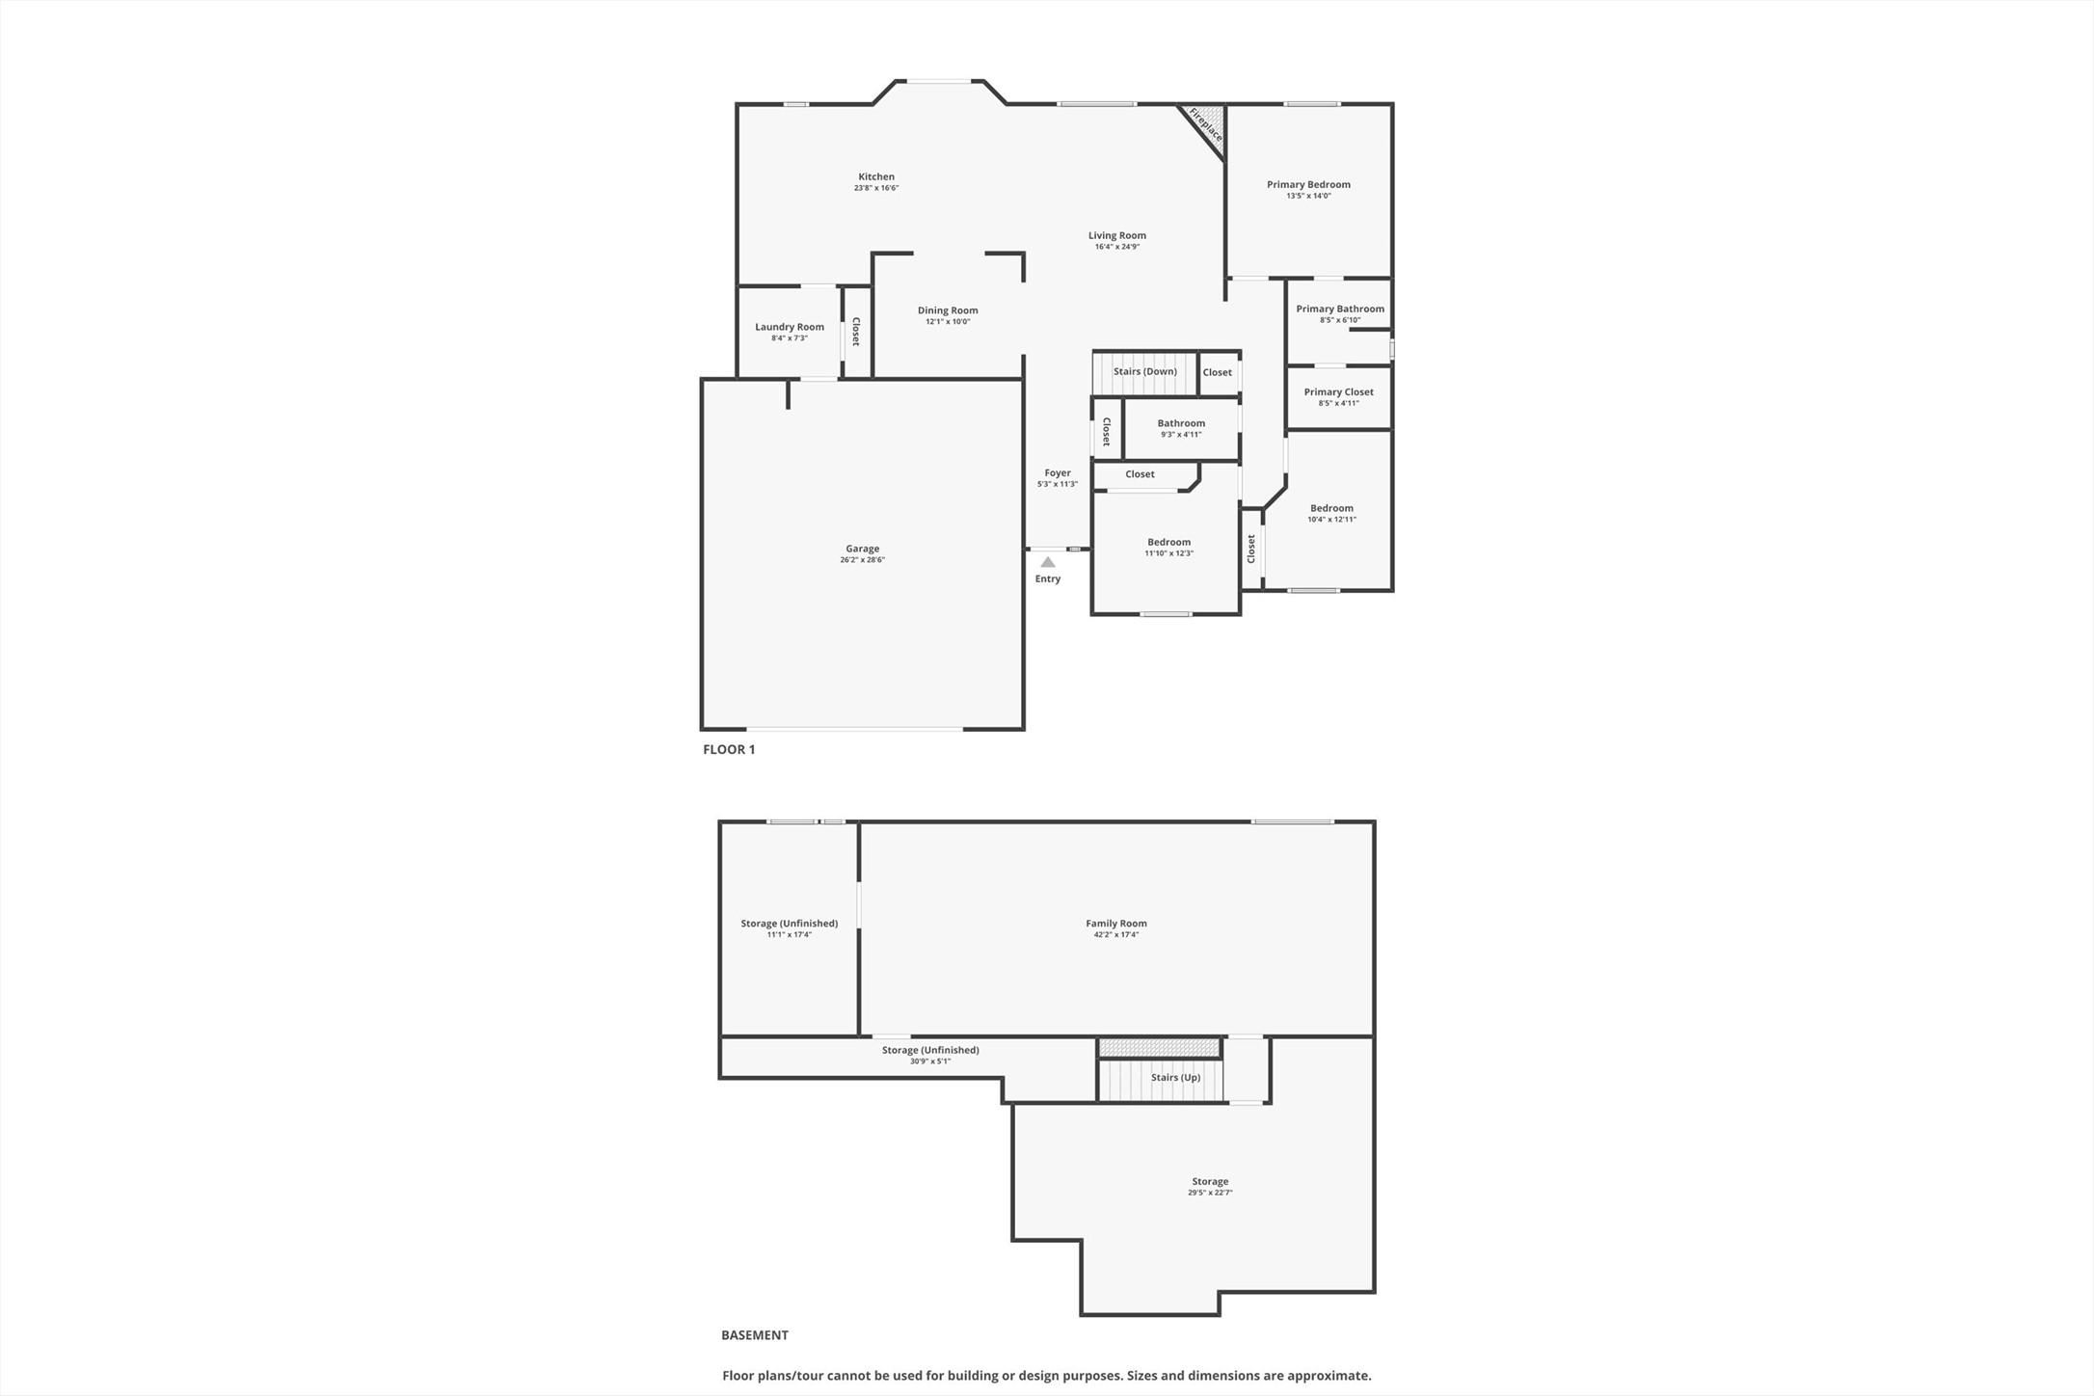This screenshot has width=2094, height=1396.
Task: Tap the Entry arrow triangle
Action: pos(1048,562)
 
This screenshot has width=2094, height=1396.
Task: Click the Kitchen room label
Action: pos(876,176)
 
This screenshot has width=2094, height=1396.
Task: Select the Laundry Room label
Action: pos(790,327)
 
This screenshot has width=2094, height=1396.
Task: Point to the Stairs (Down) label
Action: pos(1144,371)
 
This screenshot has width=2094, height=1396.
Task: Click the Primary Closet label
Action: pos(1338,391)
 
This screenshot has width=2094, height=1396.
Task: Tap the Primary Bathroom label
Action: pos(1340,309)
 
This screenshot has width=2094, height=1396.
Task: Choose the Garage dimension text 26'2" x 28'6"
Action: pos(862,560)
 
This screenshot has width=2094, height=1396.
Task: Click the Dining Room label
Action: pos(948,310)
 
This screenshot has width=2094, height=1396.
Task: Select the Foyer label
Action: pos(1058,472)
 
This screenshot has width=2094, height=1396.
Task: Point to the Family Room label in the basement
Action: pos(1116,923)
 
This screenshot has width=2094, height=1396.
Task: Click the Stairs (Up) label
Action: pos(1175,1077)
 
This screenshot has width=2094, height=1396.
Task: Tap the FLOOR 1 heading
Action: pos(729,749)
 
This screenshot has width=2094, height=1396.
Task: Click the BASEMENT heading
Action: pos(755,1335)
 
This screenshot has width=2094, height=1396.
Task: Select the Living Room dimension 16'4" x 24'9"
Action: pos(1117,247)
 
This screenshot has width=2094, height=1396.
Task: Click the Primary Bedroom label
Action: pos(1308,184)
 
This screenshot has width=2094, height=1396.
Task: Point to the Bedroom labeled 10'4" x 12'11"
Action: pos(1331,508)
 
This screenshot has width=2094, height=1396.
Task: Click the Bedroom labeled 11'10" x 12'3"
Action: pos(1168,542)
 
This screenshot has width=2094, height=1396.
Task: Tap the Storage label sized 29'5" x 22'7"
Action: pos(1210,1181)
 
